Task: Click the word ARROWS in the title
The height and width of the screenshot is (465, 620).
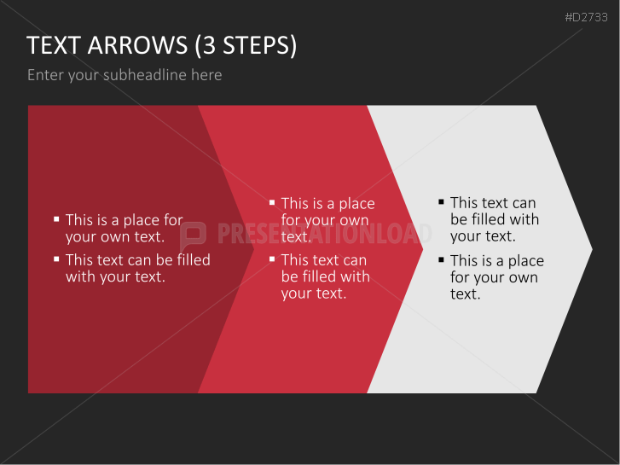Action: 137,44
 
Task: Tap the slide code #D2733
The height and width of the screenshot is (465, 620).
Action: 586,17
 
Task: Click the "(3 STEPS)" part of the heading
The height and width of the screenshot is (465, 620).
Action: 246,45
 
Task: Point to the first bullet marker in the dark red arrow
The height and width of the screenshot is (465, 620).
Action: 56,218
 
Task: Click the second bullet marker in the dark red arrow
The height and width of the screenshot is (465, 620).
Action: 56,259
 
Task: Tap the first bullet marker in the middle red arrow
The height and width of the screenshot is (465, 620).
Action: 272,202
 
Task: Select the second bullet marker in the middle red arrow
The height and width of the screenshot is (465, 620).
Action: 272,259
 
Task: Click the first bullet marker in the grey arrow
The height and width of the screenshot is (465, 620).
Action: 441,202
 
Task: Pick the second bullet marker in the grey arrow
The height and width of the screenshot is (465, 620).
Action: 441,259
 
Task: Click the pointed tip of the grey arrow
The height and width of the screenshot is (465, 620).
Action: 592,249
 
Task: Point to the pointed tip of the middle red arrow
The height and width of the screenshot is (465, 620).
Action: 423,249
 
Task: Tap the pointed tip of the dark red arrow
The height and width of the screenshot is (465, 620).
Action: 253,249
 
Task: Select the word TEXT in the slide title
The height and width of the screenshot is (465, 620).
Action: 54,44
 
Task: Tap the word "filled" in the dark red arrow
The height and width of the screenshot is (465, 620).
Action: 194,259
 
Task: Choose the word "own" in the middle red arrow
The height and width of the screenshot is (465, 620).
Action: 355,220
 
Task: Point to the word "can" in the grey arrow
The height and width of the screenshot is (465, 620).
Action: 524,203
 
